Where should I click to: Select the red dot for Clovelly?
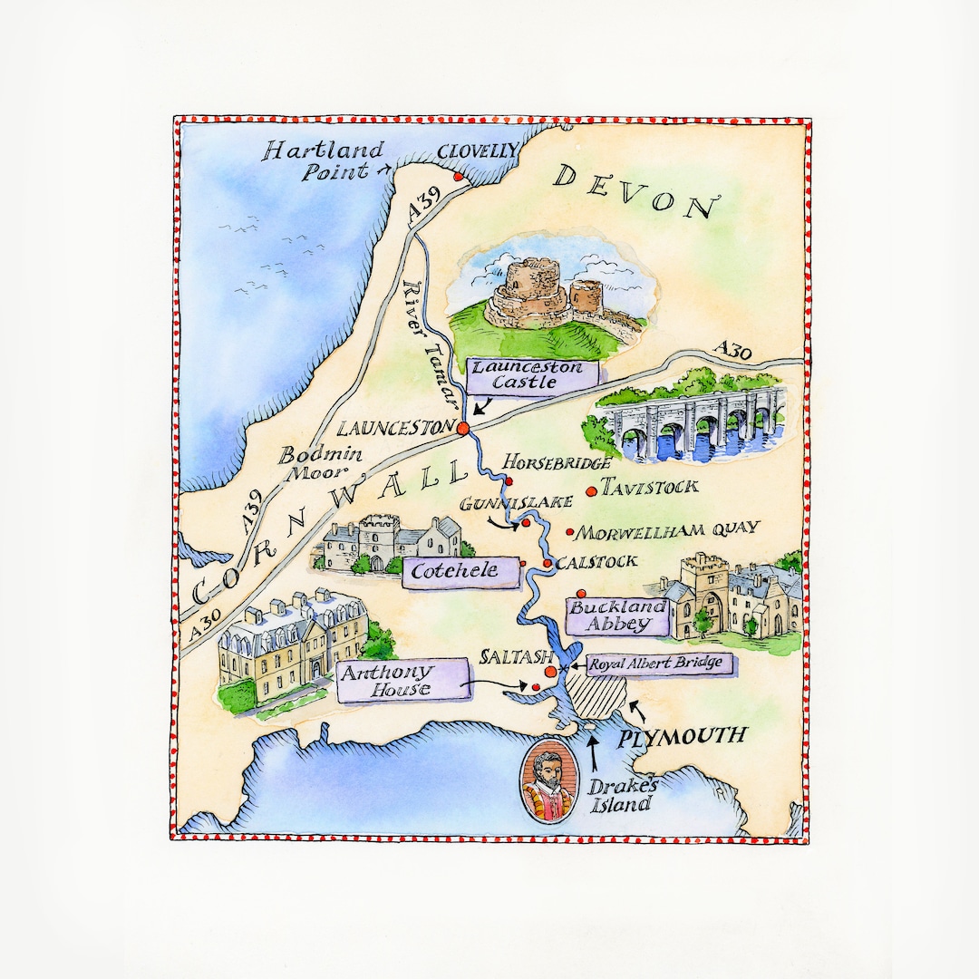[x=459, y=177]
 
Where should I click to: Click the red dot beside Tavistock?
[x=592, y=491]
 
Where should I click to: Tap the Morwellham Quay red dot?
[x=570, y=532]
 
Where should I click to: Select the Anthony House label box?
[x=400, y=681]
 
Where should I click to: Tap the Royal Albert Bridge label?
[x=657, y=664]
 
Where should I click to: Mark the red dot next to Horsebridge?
[x=509, y=481]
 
